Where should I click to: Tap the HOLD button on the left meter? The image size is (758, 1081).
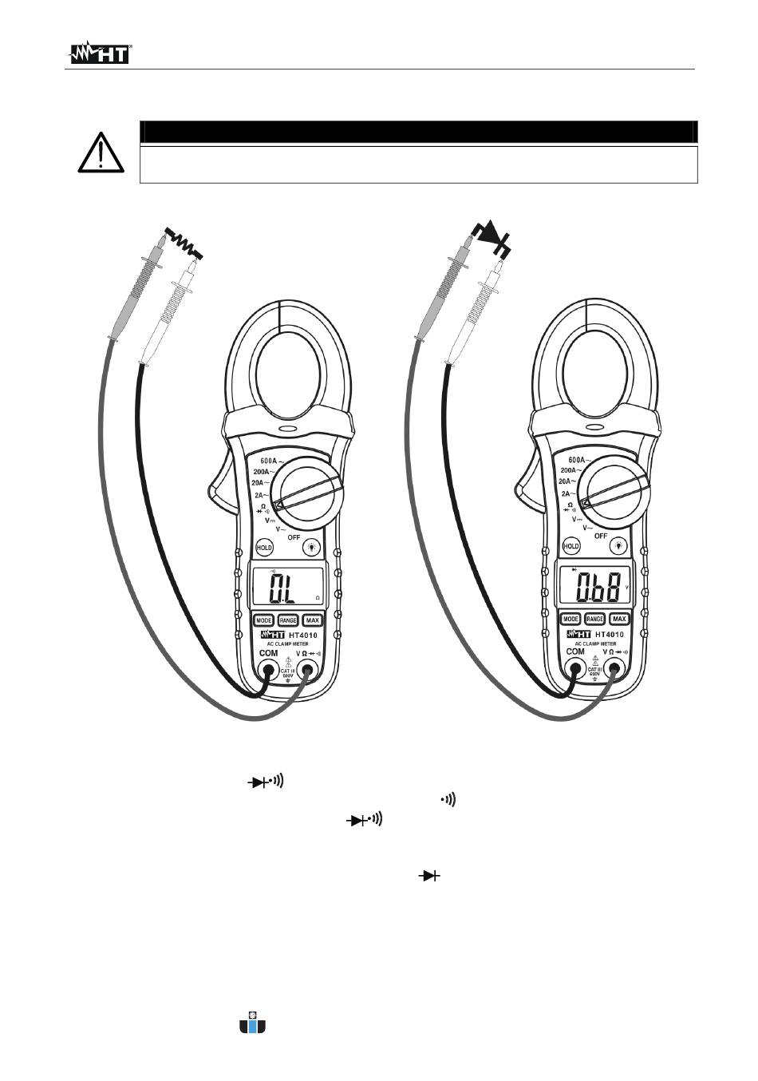pos(264,548)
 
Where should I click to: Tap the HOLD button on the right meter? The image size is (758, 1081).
pos(570,546)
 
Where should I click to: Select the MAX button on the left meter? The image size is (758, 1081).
pos(312,620)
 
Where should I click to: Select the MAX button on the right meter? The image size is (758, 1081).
pos(618,619)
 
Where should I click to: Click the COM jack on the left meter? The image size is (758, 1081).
pos(268,670)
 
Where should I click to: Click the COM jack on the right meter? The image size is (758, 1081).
pos(574,668)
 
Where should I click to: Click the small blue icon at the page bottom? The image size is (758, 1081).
pos(252,1026)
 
